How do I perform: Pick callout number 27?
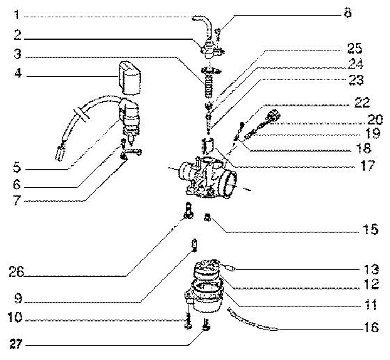point(18,343)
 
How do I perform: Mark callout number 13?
point(370,270)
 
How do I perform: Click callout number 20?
point(370,118)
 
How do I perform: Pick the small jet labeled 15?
point(206,218)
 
